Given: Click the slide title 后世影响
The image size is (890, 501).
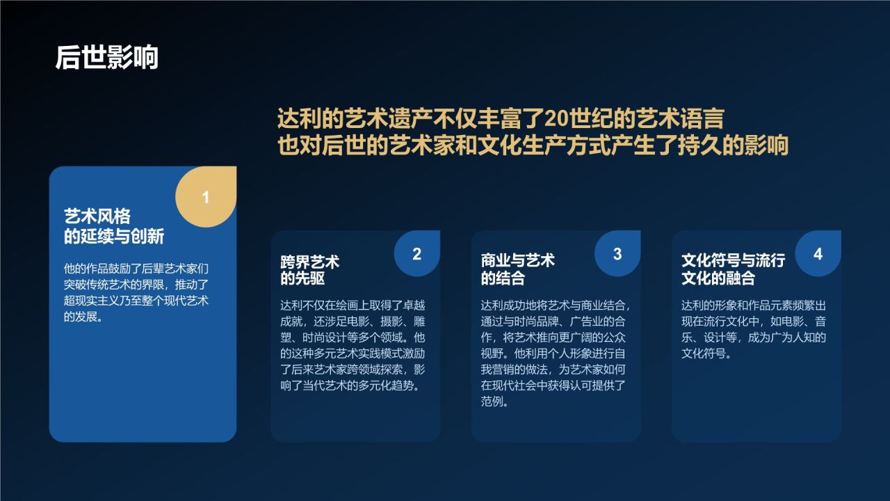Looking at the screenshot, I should (107, 57).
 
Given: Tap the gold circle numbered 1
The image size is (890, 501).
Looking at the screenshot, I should (205, 198).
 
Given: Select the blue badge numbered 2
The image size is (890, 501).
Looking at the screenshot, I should (416, 254).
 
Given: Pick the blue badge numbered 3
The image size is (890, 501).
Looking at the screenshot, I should (617, 254).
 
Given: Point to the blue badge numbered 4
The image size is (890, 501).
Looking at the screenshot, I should (818, 254).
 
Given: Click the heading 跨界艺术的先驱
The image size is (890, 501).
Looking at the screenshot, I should (309, 270).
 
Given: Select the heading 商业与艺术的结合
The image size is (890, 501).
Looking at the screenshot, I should (517, 270).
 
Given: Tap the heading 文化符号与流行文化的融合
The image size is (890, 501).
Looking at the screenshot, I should (733, 270).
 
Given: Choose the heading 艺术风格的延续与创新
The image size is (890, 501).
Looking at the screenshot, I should (114, 227).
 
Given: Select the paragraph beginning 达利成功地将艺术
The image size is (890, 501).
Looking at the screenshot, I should (555, 353).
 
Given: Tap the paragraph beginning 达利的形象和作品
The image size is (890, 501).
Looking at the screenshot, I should (753, 330).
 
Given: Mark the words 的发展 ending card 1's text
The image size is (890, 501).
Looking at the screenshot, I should (82, 317).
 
